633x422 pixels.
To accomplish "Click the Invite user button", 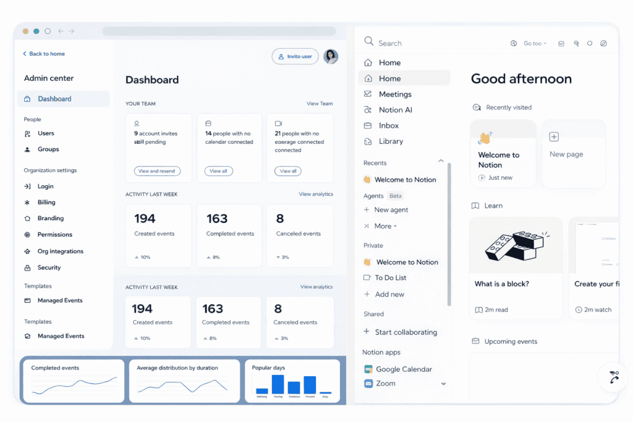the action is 295,56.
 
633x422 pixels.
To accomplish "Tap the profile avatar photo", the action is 331,56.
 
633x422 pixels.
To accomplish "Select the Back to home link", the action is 44,54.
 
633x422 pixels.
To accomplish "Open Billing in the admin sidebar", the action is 46,202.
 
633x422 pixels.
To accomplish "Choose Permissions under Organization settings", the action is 54,234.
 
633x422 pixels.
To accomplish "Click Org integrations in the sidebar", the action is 60,251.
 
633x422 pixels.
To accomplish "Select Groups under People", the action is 48,149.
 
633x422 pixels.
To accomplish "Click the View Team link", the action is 320,104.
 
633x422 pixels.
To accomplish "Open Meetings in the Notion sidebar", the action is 395,94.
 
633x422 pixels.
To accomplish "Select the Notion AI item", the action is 395,109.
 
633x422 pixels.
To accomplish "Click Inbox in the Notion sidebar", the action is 389,125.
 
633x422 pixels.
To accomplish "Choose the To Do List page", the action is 391,277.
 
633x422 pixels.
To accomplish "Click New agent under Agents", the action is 391,209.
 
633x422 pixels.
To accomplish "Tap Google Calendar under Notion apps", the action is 404,369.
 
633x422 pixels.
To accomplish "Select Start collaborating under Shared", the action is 406,332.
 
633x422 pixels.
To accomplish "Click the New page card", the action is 573,153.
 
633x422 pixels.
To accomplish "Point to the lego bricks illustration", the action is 516,245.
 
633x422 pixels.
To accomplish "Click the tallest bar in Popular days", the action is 278,384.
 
